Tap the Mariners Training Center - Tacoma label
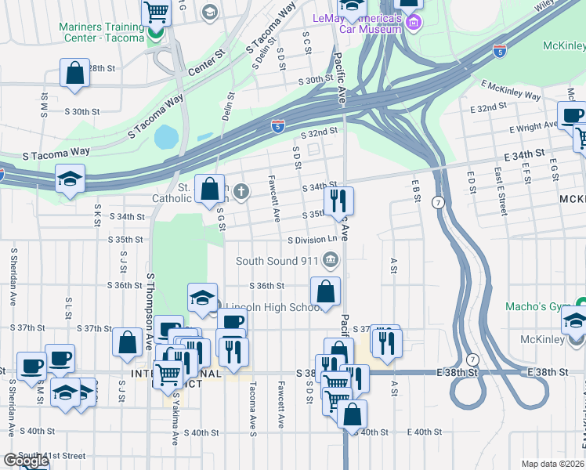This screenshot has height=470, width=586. click(102, 31)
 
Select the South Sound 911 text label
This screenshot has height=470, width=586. click(278, 261)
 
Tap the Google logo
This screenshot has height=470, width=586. click(25, 461)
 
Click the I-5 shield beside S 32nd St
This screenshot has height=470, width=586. click(277, 125)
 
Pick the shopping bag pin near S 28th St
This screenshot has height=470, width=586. click(74, 74)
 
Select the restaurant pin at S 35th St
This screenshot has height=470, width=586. click(338, 201)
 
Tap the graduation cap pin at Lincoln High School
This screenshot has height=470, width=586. click(202, 298)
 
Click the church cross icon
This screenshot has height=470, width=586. click(242, 190)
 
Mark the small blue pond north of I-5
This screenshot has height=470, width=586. click(166, 137)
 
